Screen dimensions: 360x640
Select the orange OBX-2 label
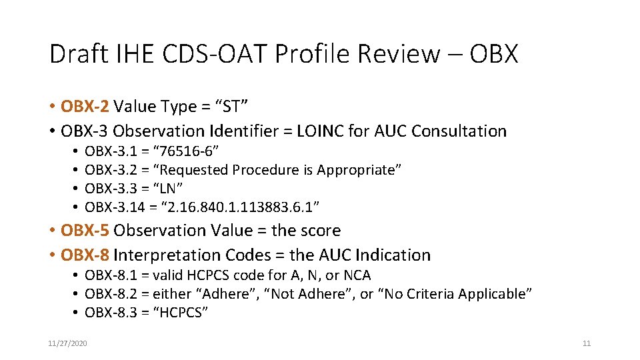(x=85, y=106)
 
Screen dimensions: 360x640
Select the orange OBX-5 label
(x=85, y=231)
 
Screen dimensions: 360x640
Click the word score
(x=321, y=231)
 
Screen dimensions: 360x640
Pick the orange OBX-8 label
(x=85, y=255)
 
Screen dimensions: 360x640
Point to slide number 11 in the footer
(x=587, y=343)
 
